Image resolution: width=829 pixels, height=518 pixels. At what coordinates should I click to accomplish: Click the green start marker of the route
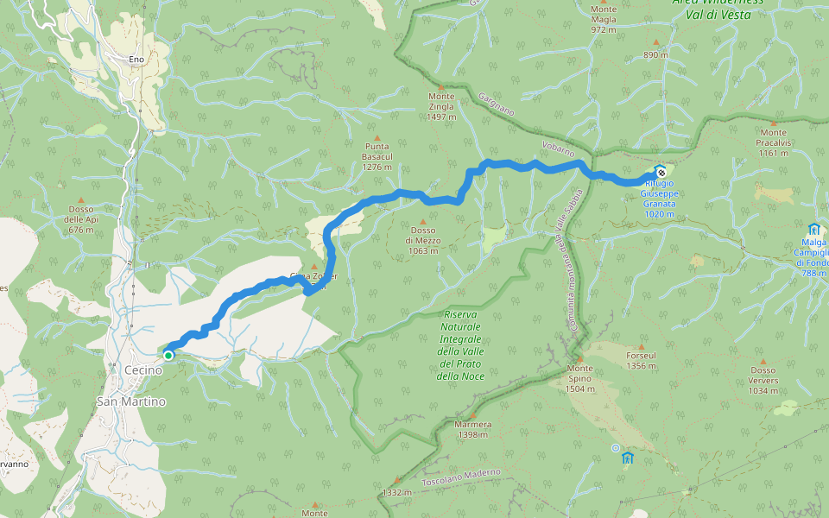click(x=168, y=355)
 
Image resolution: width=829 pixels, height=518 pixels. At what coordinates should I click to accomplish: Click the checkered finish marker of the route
click(x=661, y=173)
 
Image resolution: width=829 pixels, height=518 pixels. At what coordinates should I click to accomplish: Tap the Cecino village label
click(x=143, y=370)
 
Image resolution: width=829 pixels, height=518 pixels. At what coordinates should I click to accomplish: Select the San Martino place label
click(x=130, y=401)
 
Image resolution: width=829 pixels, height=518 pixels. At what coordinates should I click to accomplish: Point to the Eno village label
click(x=136, y=59)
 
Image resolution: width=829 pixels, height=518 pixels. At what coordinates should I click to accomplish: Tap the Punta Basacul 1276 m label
click(x=377, y=156)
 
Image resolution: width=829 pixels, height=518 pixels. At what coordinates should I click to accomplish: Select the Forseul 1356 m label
click(x=641, y=360)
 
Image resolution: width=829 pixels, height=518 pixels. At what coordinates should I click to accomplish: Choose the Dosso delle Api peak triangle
click(x=80, y=199)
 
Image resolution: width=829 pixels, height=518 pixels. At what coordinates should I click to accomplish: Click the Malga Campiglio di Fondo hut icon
click(x=813, y=229)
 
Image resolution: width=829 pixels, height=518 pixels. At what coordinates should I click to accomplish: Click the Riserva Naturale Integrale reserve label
click(x=460, y=345)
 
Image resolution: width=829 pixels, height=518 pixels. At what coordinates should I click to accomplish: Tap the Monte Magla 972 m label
click(x=604, y=19)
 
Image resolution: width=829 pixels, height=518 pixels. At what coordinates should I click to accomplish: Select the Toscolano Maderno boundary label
click(x=461, y=476)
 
